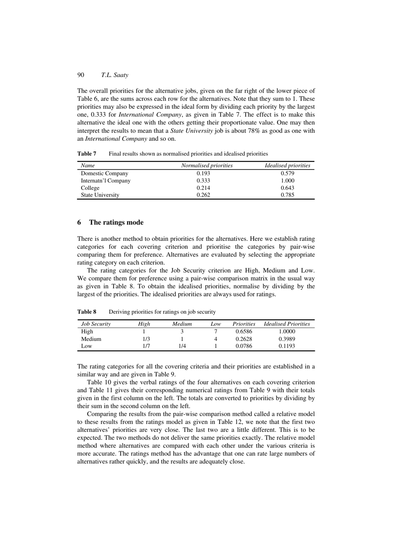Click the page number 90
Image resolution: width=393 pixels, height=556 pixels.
click(81, 75)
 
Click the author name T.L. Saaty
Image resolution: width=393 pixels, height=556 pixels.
click(115, 75)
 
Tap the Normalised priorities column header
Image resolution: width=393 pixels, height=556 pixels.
click(207, 165)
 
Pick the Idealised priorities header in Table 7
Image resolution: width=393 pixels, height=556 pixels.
click(288, 165)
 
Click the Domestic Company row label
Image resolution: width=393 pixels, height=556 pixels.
click(104, 173)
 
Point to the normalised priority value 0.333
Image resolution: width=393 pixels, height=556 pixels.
click(203, 180)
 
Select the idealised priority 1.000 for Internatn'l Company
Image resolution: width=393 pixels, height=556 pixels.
click(288, 180)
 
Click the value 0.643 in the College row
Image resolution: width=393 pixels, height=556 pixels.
click(288, 188)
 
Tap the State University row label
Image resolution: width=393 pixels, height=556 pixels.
click(100, 195)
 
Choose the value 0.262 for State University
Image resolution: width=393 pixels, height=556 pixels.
click(203, 195)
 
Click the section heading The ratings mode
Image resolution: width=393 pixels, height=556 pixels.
click(116, 223)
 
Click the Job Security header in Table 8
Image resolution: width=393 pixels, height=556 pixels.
click(96, 324)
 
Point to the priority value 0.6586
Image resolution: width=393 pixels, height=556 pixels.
click(244, 331)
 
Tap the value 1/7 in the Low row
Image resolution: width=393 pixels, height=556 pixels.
click(144, 346)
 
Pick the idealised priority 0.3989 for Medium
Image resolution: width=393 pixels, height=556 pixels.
click(287, 339)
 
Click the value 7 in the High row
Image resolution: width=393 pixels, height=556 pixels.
click(216, 331)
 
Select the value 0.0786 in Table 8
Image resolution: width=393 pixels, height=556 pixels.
click(244, 346)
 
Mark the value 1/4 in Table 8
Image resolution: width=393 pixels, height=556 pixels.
click(182, 346)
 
